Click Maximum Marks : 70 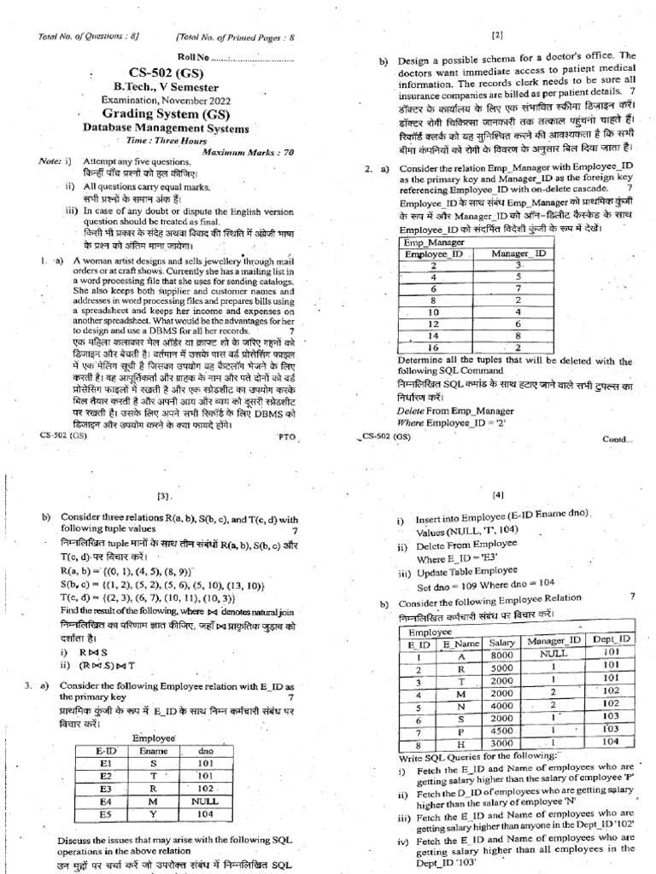tap(225, 151)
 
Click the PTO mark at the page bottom tap(285, 435)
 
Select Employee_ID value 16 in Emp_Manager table tap(434, 347)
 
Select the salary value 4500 tap(501, 731)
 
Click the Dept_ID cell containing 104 tap(610, 743)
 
